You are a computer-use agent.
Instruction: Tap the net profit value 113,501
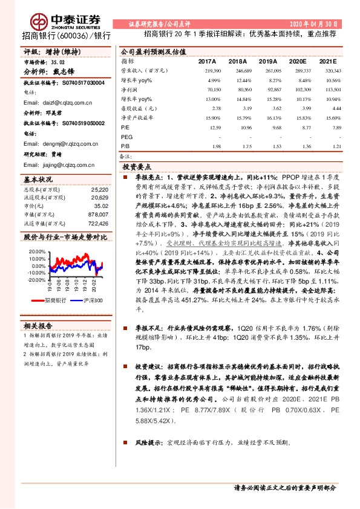[333, 89]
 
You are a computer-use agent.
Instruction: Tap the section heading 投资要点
[137, 166]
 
